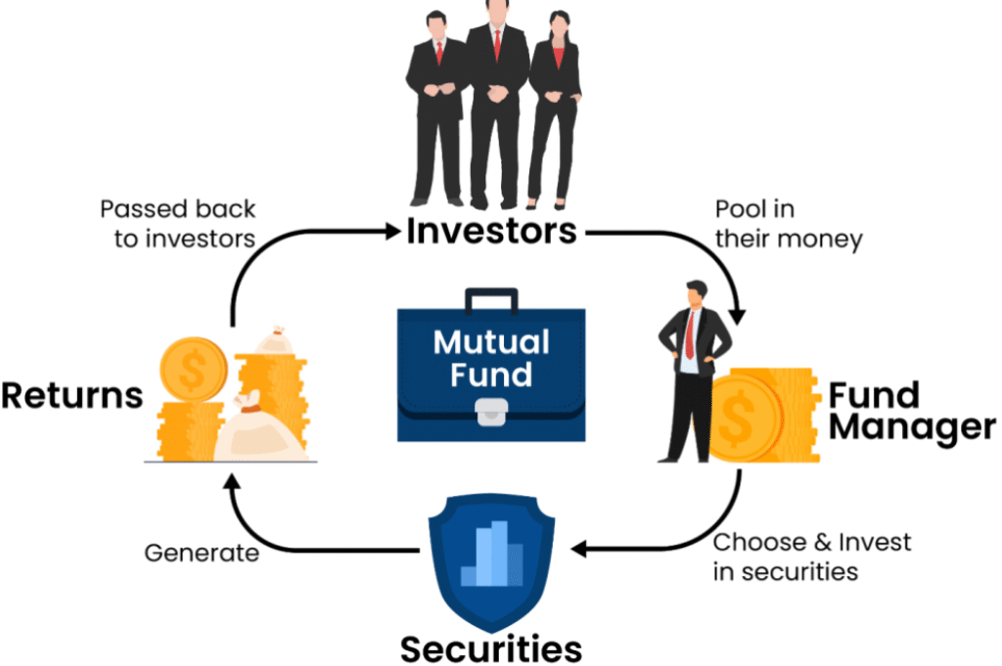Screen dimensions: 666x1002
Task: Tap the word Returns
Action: pyautogui.click(x=71, y=396)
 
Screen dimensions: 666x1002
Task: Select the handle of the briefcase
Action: pyautogui.click(x=491, y=298)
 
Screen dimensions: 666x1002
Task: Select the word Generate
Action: pyautogui.click(x=202, y=553)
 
